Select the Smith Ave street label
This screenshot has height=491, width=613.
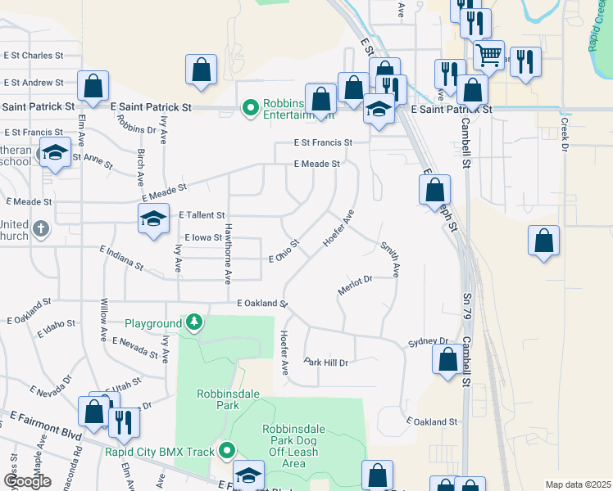pyautogui.click(x=389, y=259)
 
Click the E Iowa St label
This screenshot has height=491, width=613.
pyautogui.click(x=202, y=237)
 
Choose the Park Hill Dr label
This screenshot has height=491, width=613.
pyautogui.click(x=326, y=362)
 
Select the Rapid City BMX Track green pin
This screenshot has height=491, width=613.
pyautogui.click(x=227, y=450)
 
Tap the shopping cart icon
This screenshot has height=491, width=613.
pyautogui.click(x=488, y=55)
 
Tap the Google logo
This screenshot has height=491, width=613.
pyautogui.click(x=28, y=480)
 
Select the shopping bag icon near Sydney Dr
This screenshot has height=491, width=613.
pyautogui.click(x=447, y=359)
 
